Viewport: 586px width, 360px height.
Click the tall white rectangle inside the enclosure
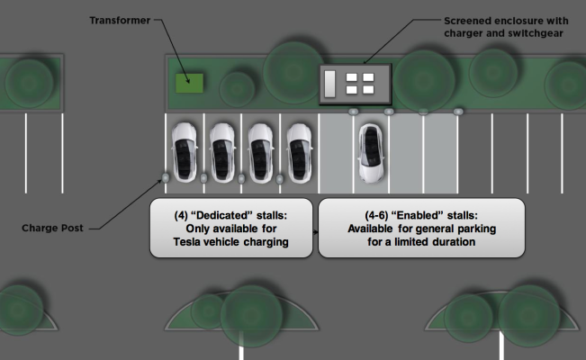coord(330,83)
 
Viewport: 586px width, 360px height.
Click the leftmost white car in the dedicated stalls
coord(184,151)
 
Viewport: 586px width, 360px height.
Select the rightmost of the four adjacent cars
coord(300,151)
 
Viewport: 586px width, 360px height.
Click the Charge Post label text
coord(52,228)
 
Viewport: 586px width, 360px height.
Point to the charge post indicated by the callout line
coord(164,177)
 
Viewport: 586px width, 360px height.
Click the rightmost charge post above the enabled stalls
coord(459,111)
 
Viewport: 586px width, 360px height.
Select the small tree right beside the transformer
coord(237,89)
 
